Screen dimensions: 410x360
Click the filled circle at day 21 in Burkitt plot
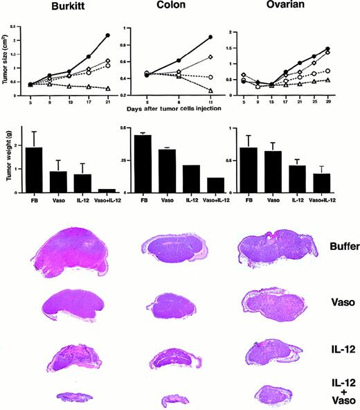tap(107, 35)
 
